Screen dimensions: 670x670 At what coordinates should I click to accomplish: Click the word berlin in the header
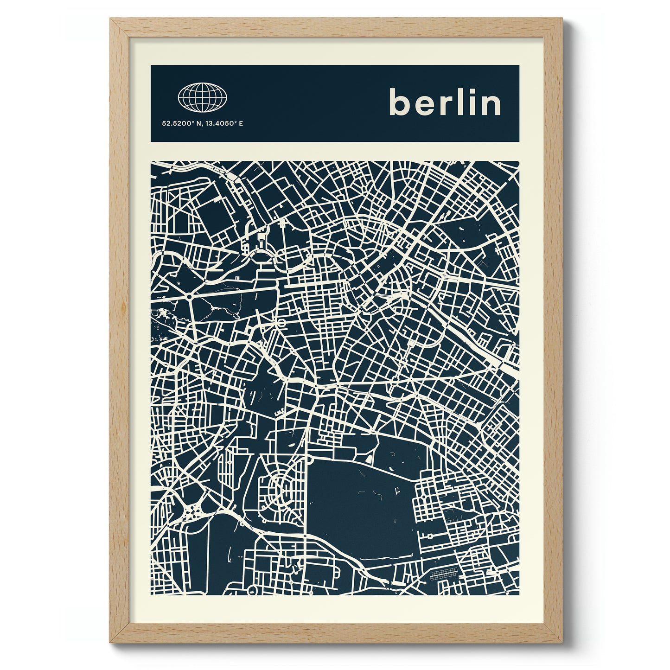click(x=445, y=103)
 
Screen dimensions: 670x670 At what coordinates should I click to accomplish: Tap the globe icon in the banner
click(x=203, y=97)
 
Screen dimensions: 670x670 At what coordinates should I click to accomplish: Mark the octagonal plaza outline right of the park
click(x=281, y=322)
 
